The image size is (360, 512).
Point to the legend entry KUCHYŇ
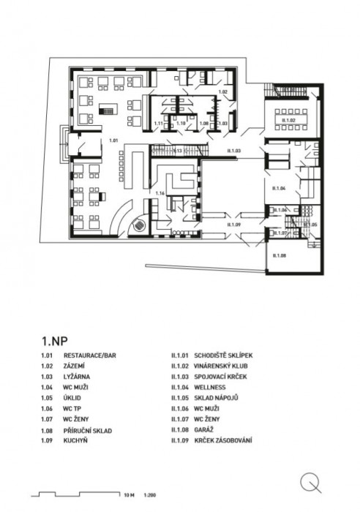tap(77, 441)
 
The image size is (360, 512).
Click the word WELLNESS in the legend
tap(211, 386)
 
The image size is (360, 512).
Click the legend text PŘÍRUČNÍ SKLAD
tap(88, 431)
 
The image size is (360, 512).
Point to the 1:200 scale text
tap(151, 494)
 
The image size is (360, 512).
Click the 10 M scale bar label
tap(130, 494)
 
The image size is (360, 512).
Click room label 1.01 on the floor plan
tap(113, 138)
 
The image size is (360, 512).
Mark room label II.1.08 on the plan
tap(278, 255)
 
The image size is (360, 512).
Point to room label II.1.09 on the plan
tap(233, 224)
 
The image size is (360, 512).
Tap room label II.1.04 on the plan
tap(278, 188)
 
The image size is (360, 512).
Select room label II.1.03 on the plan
tap(235, 150)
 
